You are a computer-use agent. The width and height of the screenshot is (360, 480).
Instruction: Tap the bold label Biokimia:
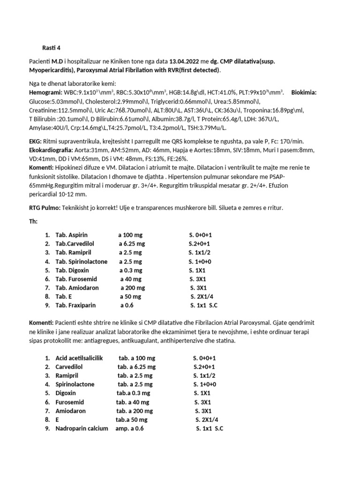point(304,93)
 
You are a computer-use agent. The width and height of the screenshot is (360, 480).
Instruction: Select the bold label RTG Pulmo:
point(45,208)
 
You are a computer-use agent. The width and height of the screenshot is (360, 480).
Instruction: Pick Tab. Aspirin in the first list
point(71,235)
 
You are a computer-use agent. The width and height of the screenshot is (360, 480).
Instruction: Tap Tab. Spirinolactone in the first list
point(81,261)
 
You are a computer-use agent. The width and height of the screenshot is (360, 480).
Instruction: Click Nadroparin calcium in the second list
point(82,428)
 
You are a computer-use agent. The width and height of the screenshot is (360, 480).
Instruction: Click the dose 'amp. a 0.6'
point(130,428)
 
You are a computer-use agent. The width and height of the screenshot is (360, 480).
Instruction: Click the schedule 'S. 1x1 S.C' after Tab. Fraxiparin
point(204,306)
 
